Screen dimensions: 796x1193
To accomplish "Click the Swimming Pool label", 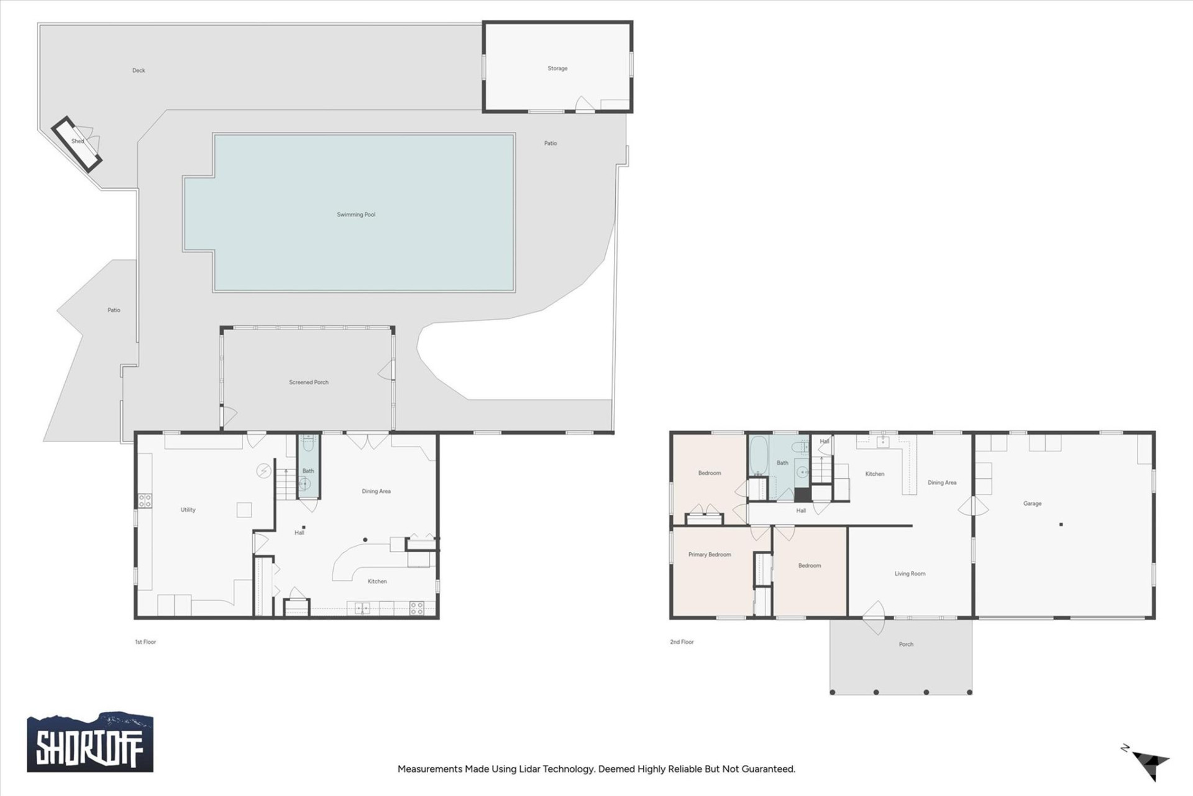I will [356, 215].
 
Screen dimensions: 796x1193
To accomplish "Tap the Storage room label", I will [557, 68].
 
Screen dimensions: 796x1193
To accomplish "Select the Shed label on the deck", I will [78, 141].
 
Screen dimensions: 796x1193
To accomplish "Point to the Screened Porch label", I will [308, 382].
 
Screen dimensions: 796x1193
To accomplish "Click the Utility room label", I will [188, 510].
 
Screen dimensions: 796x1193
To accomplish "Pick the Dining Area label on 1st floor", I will [376, 491].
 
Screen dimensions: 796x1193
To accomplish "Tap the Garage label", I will [1032, 504].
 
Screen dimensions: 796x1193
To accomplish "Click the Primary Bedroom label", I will [709, 555].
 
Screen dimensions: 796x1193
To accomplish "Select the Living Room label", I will [910, 574].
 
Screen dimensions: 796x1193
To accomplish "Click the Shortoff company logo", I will [90, 743].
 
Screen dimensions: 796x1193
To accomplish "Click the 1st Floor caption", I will [145, 642].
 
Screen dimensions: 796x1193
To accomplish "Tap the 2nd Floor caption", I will [682, 642].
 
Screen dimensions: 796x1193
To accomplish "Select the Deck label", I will [139, 70].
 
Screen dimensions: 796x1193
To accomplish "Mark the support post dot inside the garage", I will [1061, 525].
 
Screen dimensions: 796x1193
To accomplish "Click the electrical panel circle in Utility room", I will [263, 471].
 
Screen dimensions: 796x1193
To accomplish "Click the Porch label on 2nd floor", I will [906, 644].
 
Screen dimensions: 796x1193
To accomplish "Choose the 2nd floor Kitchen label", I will [874, 474].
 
